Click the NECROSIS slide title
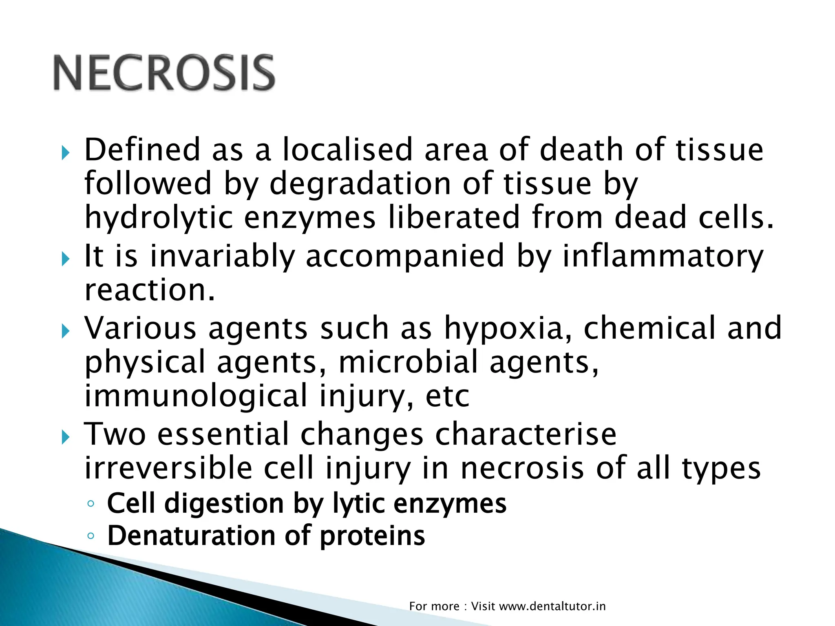pos(164,73)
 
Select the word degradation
pos(360,184)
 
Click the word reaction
pos(149,290)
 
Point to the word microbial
pos(408,362)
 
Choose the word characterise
pos(526,434)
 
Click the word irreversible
pos(168,468)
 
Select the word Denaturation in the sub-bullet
pos(191,536)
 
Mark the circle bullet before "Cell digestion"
pos(91,504)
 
